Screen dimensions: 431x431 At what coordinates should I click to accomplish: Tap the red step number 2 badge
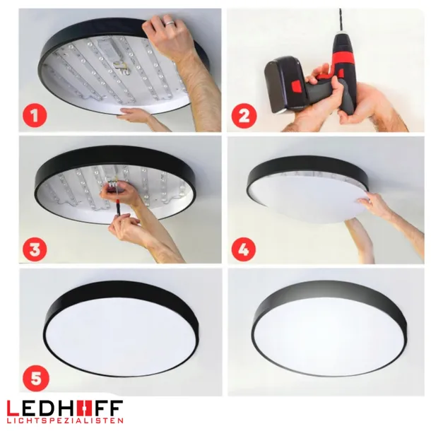[244, 114]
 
